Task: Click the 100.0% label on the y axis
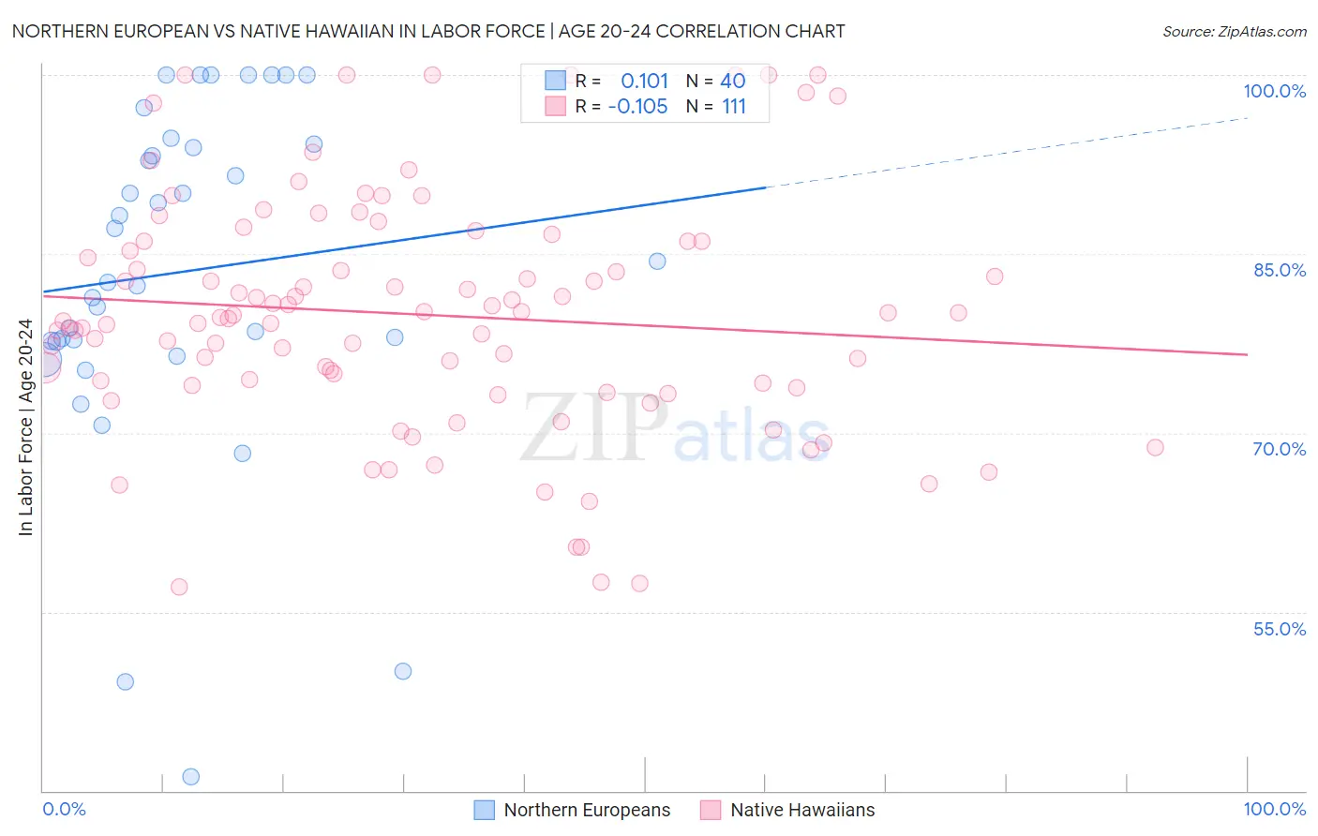click(1274, 91)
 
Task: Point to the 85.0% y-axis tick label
click(1280, 270)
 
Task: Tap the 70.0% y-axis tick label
click(1280, 449)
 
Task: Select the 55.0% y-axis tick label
click(1280, 629)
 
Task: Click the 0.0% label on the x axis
click(64, 809)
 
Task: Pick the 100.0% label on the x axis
click(1274, 809)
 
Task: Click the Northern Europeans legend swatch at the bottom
click(484, 810)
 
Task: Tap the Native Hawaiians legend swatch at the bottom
click(711, 810)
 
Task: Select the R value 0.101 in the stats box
click(644, 81)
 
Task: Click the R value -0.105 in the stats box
click(637, 107)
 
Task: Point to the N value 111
click(734, 107)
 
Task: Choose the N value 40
click(733, 81)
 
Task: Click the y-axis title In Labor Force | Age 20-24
click(25, 427)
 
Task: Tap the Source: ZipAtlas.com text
click(1234, 32)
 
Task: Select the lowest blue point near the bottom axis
click(190, 776)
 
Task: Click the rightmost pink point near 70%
click(1155, 448)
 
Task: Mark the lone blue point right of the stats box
click(657, 261)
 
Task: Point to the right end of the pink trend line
click(1247, 354)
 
